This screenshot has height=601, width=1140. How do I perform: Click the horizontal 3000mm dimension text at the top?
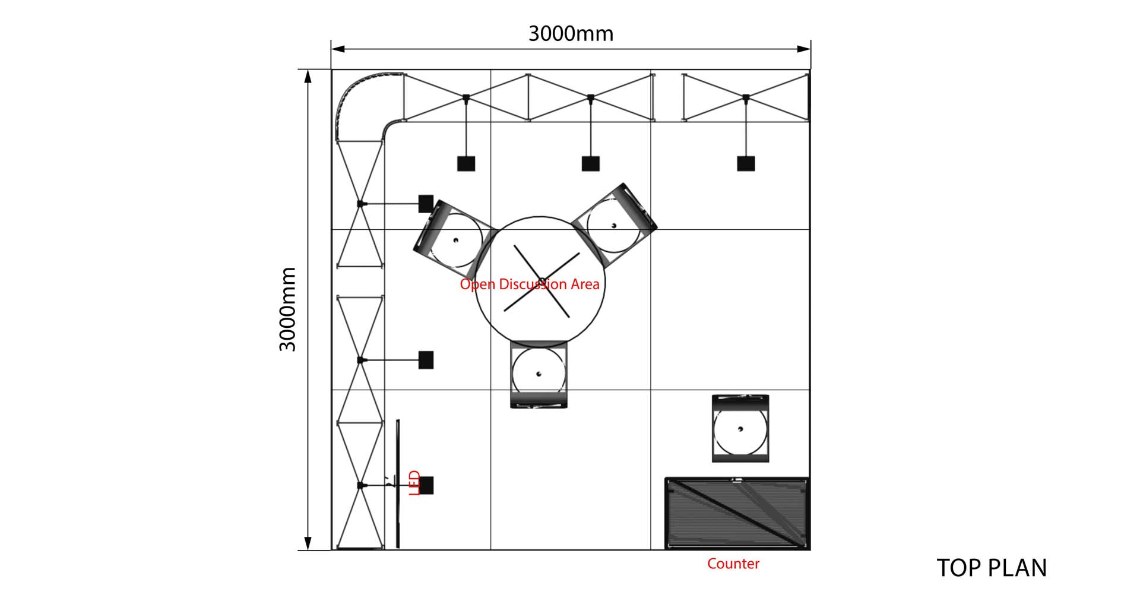coord(571,34)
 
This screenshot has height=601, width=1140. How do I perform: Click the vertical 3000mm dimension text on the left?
coord(288,309)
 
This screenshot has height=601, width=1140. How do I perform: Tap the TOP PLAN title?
coord(992,568)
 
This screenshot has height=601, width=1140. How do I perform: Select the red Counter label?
coord(733,564)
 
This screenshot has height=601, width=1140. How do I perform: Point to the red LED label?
coord(415,483)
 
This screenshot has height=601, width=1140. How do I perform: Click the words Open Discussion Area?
coord(530,284)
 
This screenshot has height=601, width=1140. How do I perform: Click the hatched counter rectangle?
coord(737,514)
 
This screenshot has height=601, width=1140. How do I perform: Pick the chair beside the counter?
coord(740,428)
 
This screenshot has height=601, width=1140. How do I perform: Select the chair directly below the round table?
coord(539,374)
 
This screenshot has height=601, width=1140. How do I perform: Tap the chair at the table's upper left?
coord(454,239)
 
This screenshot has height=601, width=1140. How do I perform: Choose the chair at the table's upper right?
coord(614,224)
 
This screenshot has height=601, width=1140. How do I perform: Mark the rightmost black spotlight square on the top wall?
coord(746,163)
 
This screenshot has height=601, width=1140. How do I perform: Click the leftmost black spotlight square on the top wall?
coord(466,163)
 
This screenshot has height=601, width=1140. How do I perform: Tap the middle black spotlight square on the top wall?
coord(590,163)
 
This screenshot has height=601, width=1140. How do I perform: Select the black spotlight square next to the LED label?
coord(426,485)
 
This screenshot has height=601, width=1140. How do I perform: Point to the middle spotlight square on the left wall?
coord(426,360)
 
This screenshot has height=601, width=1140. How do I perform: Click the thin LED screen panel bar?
coord(398,483)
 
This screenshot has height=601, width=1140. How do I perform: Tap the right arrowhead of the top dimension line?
coord(805,49)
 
